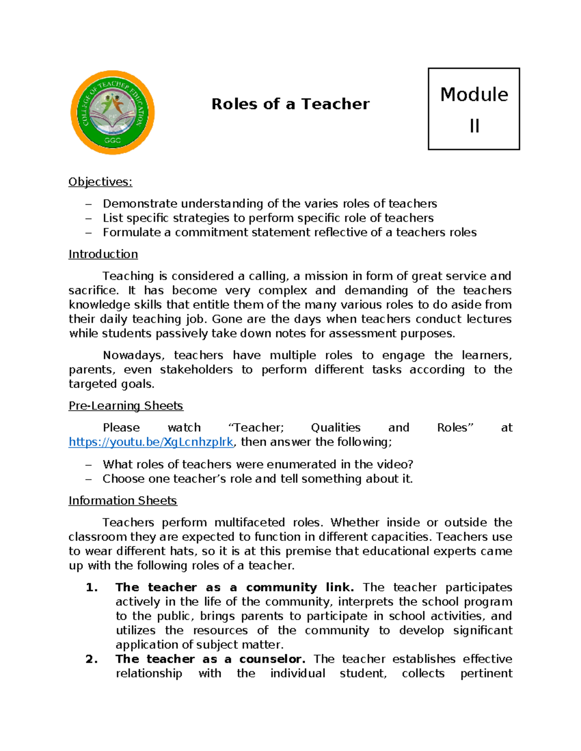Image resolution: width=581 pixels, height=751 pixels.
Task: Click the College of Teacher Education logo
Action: (112, 112)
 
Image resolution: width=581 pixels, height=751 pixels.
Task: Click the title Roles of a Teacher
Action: (290, 104)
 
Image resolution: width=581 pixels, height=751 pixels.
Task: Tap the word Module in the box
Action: (474, 94)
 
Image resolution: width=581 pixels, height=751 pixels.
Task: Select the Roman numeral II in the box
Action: (474, 126)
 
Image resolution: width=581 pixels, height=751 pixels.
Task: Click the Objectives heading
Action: (100, 182)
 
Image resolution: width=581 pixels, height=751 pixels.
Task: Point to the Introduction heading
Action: (103, 254)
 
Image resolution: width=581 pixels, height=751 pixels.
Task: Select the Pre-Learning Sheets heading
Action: (126, 406)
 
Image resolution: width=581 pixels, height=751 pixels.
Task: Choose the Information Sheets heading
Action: (122, 501)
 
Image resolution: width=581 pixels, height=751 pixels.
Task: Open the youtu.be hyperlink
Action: (151, 442)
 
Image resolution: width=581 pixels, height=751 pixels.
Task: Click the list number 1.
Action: (92, 588)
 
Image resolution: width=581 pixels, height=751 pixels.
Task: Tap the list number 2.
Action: (92, 659)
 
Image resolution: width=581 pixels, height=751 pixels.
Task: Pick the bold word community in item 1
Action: (281, 588)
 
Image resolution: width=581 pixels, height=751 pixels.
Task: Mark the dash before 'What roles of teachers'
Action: (88, 465)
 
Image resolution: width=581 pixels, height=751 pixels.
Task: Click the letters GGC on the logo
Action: (112, 141)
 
